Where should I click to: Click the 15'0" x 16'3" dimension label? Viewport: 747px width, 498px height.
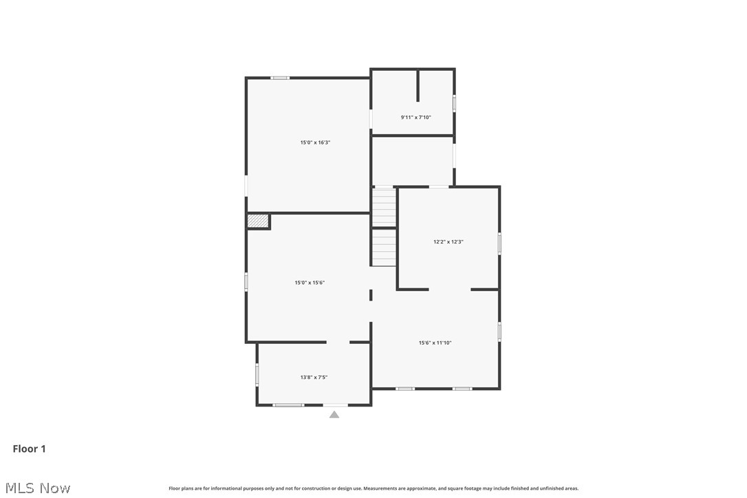315,142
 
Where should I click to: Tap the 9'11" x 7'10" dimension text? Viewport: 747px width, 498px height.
415,118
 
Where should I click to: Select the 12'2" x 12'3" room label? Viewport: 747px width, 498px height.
448,241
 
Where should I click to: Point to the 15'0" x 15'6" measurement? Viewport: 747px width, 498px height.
310,283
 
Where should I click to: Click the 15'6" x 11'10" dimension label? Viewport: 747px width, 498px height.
435,343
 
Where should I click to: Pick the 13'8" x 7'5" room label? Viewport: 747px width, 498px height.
314,377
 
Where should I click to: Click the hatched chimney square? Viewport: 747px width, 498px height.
257,221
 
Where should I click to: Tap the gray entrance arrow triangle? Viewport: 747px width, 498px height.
334,414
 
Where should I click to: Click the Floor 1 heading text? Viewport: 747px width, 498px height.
30,449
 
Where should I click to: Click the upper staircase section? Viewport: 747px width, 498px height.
385,206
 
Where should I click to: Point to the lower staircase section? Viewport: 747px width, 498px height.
385,248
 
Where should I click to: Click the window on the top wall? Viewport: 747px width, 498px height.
279,78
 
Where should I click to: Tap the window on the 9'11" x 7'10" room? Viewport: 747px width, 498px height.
454,103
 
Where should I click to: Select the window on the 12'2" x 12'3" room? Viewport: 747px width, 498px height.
499,243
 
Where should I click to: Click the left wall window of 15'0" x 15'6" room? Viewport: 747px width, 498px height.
246,281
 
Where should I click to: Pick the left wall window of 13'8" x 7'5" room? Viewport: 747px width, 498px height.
257,374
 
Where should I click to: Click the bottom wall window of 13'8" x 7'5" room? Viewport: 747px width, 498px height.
288,405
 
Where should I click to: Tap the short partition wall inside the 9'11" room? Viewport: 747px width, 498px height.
418,85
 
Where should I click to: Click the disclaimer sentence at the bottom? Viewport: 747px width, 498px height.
373,488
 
